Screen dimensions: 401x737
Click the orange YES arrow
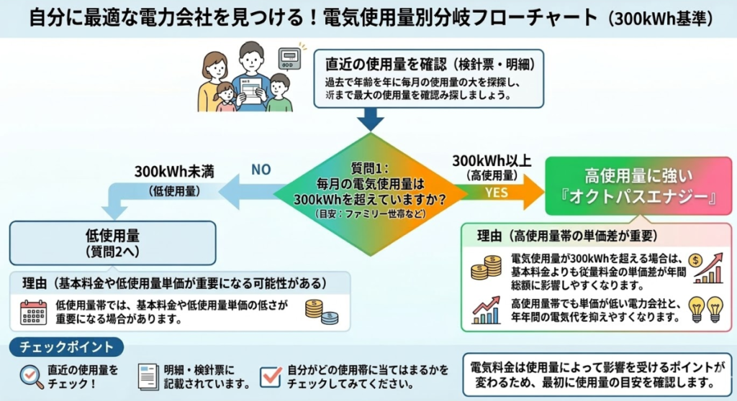pos(504,193)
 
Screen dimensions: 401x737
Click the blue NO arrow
pos(245,191)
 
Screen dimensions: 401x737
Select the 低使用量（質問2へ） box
pos(113,241)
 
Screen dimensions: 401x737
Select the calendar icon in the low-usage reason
pos(33,311)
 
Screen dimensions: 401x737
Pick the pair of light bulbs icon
pos(705,308)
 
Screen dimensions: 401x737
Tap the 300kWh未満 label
pos(175,172)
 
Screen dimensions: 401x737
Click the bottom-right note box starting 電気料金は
pos(596,374)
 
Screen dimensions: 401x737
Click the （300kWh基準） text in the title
pos(659,17)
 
